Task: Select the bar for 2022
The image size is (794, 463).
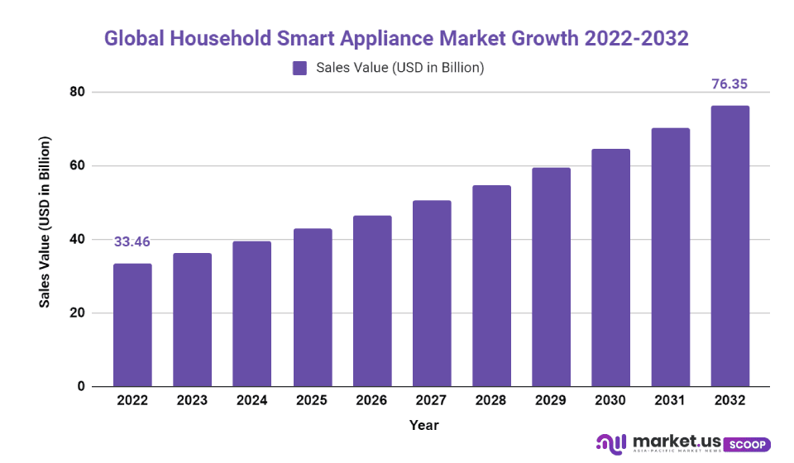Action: [132, 325]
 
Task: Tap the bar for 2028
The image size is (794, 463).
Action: [491, 286]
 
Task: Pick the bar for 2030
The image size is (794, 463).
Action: [610, 268]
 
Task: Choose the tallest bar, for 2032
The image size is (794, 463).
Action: [730, 246]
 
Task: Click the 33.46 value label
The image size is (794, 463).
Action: [132, 241]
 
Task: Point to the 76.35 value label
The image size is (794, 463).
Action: [730, 84]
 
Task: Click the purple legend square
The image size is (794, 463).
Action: [299, 68]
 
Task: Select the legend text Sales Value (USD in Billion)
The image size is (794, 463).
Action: [399, 68]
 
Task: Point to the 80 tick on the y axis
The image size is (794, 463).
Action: [77, 92]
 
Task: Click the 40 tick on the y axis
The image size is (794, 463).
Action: [77, 240]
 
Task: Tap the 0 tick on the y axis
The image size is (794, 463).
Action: [80, 387]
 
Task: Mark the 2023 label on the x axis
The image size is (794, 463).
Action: [192, 400]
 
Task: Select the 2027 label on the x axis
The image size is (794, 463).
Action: [431, 400]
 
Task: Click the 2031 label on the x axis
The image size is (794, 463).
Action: [670, 400]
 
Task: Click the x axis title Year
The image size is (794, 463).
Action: [423, 425]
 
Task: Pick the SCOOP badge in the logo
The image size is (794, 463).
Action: [748, 444]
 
